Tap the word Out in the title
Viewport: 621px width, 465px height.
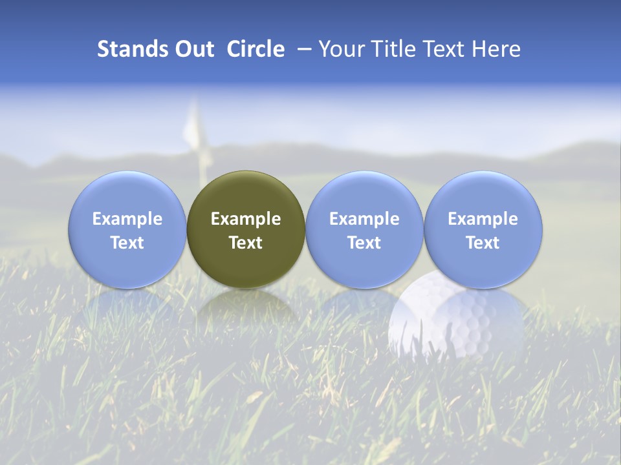(x=193, y=49)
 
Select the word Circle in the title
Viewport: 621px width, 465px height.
(x=256, y=49)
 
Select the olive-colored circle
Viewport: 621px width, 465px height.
(x=246, y=229)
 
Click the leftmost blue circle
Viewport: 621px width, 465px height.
(x=127, y=229)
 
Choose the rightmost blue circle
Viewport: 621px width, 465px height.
(x=483, y=229)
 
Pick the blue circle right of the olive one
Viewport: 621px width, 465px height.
(x=364, y=229)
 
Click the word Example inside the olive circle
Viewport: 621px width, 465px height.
(x=246, y=219)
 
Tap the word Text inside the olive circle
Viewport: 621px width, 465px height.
(x=246, y=243)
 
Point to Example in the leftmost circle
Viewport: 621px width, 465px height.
(x=127, y=219)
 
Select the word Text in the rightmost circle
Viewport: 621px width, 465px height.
(x=483, y=243)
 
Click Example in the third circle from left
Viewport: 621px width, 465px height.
(x=364, y=219)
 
